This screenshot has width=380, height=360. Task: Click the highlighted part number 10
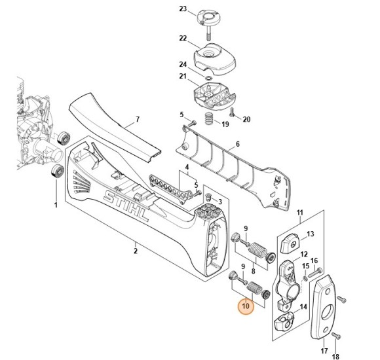[x=246, y=306]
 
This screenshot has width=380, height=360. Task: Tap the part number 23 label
[x=183, y=9]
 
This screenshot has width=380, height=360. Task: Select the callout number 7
[x=138, y=119]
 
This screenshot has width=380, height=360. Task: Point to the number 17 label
[x=324, y=351]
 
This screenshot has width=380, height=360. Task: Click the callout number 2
[x=136, y=251]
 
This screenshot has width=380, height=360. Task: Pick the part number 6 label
[x=238, y=144]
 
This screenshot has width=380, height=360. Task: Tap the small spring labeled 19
[x=208, y=118]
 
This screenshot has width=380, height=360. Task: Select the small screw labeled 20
[x=231, y=112]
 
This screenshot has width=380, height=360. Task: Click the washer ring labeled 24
[x=208, y=78]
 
